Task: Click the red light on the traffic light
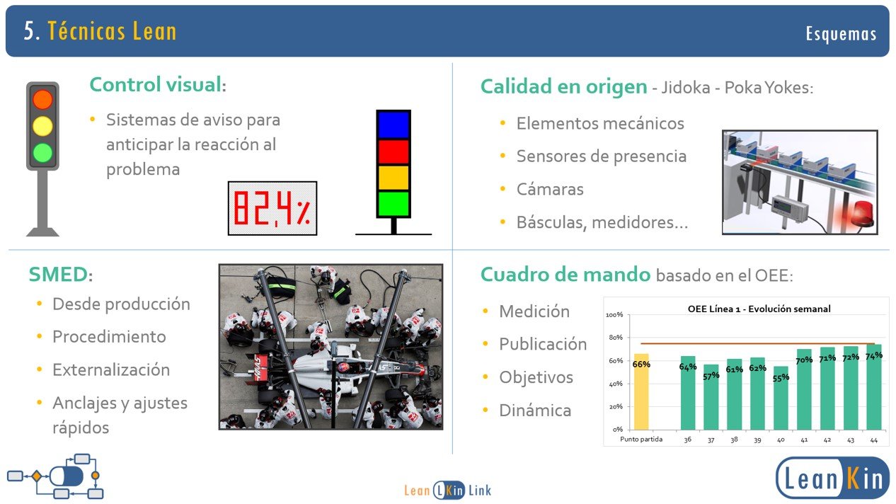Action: (x=42, y=100)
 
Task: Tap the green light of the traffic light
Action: (x=42, y=153)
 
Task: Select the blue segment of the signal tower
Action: (x=394, y=125)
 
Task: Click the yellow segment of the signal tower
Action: (x=394, y=178)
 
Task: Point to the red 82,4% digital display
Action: (x=272, y=208)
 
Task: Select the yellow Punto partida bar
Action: (x=641, y=391)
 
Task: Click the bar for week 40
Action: (x=781, y=398)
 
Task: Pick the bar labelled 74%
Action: (x=874, y=386)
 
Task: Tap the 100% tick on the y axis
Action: (x=614, y=315)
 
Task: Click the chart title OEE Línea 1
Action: (x=759, y=309)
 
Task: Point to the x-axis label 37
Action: (x=711, y=440)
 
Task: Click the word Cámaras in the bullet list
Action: (x=550, y=189)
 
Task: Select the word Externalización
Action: (x=111, y=370)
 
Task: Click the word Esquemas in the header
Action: (x=841, y=33)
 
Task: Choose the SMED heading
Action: (x=61, y=275)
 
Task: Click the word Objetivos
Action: (x=536, y=377)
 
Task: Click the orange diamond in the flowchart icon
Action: (x=36, y=476)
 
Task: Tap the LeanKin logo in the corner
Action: (x=832, y=478)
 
